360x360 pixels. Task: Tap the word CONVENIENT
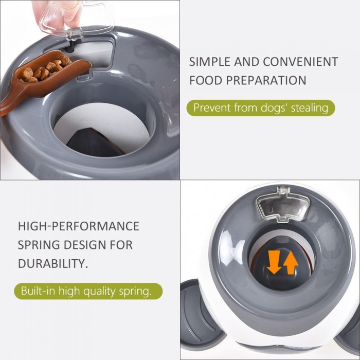click(x=300, y=62)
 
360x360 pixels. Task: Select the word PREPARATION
click(x=266, y=80)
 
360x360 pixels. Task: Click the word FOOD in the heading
click(x=206, y=80)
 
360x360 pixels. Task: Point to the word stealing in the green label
click(x=310, y=107)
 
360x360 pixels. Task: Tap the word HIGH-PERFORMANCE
click(x=79, y=226)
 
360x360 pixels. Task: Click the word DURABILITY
click(x=53, y=263)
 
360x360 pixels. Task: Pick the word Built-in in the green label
click(x=38, y=291)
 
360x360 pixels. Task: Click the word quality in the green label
click(x=99, y=291)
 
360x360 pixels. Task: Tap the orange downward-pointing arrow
click(x=274, y=262)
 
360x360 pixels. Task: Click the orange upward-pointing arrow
click(x=291, y=263)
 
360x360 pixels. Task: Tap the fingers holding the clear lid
click(x=55, y=11)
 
